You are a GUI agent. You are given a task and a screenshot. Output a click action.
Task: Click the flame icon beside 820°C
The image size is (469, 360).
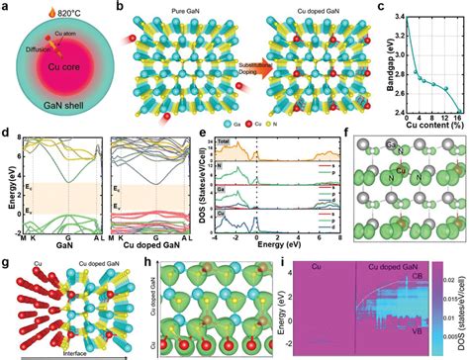click(34, 14)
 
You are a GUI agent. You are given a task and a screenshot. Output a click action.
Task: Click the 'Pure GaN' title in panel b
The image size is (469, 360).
click(169, 10)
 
